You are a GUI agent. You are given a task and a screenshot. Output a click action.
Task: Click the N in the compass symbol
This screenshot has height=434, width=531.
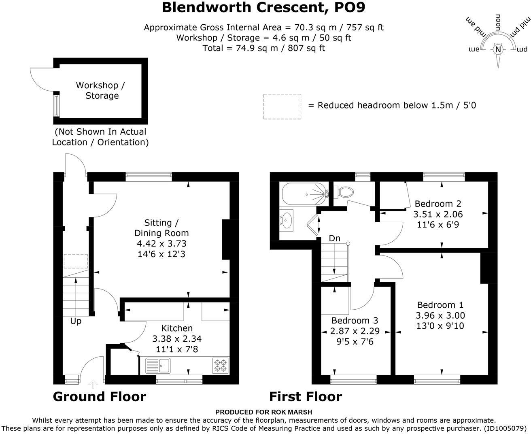pyautogui.click(x=498, y=49)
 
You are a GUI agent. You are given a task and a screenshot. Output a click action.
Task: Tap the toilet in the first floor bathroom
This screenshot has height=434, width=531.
pyautogui.click(x=343, y=191)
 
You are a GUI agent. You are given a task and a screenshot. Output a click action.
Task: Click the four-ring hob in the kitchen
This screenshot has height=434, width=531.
pyautogui.click(x=221, y=365)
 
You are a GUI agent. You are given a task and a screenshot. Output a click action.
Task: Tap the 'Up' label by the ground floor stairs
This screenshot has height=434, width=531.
pyautogui.click(x=76, y=321)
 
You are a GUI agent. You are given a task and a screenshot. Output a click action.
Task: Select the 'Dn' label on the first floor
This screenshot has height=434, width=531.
pyautogui.click(x=334, y=238)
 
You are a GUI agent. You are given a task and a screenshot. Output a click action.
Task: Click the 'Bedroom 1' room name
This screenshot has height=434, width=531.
pyautogui.click(x=440, y=305)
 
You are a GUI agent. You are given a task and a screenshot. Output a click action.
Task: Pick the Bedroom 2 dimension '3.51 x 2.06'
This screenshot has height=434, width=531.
pyautogui.click(x=438, y=214)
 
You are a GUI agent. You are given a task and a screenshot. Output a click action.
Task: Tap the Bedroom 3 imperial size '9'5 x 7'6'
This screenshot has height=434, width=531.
pyautogui.click(x=355, y=342)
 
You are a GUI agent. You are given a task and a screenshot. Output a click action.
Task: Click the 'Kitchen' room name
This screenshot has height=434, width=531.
pyautogui.click(x=177, y=328)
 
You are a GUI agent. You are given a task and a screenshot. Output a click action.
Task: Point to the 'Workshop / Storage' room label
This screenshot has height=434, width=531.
pyautogui.click(x=101, y=90)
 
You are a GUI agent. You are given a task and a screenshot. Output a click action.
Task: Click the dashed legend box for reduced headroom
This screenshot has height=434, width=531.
pyautogui.click(x=282, y=106)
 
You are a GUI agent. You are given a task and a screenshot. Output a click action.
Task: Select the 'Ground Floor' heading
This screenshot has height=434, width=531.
pyautogui.click(x=99, y=396)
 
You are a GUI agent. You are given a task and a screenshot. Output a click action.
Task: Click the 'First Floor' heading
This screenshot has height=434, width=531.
pyautogui.click(x=306, y=396)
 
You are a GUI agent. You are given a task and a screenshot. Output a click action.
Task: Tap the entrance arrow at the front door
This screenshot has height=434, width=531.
pyautogui.click(x=93, y=383)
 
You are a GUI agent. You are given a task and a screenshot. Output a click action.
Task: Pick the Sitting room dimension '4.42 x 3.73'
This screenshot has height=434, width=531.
pyautogui.click(x=161, y=243)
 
